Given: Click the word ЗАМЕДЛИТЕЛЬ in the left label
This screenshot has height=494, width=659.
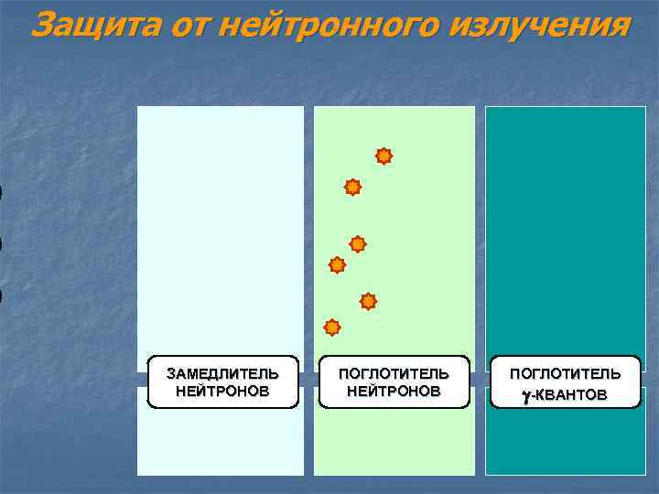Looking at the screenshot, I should pyautogui.click(x=222, y=374).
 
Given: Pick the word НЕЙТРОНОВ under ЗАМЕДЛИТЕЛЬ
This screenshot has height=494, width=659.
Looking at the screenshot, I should pyautogui.click(x=222, y=391).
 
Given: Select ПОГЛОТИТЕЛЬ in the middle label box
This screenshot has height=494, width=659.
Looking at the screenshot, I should pyautogui.click(x=394, y=374).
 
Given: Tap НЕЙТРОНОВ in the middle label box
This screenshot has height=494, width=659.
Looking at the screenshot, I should pyautogui.click(x=394, y=391).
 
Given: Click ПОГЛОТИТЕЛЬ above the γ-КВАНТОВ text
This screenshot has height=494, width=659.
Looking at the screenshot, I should pyautogui.click(x=565, y=374).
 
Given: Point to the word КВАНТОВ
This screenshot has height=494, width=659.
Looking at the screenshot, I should pyautogui.click(x=570, y=394).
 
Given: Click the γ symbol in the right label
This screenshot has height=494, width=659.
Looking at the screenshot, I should pyautogui.click(x=526, y=394).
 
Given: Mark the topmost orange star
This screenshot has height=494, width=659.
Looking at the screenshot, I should pyautogui.click(x=384, y=156).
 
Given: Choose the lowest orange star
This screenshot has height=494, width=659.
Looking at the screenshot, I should pyautogui.click(x=332, y=328).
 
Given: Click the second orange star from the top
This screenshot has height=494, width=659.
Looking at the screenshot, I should pyautogui.click(x=352, y=188).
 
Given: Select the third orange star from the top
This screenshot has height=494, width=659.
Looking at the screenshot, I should pyautogui.click(x=358, y=244).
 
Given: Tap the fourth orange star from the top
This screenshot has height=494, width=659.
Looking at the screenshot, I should pyautogui.click(x=337, y=265).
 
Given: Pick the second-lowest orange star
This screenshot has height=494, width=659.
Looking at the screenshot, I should pyautogui.click(x=368, y=301).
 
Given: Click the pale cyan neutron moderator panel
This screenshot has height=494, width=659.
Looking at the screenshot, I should pyautogui.click(x=221, y=229).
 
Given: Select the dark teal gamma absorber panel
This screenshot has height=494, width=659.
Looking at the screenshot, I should pyautogui.click(x=565, y=229).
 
